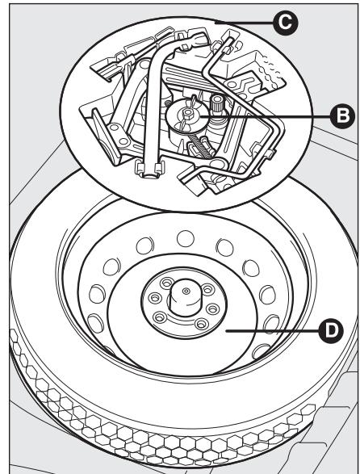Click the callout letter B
pyautogui.click(x=324, y=115)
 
